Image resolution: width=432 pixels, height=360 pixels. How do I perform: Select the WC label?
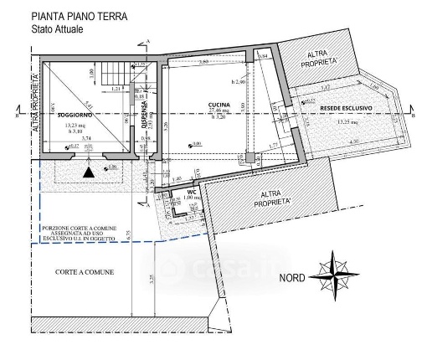(192, 190)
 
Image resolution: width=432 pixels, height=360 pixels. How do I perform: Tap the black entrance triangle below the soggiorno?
(87, 172)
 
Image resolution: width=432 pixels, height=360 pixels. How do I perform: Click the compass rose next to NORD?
(333, 275)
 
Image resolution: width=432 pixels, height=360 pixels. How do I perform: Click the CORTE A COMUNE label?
(85, 273)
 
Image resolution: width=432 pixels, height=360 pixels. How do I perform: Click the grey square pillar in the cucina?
(249, 157)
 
